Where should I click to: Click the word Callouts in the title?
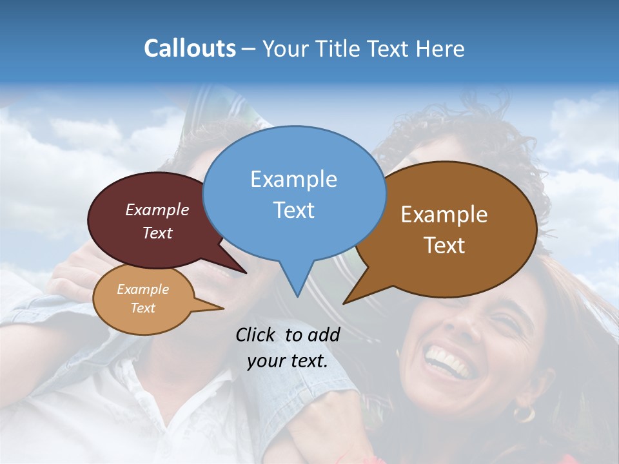[190, 48]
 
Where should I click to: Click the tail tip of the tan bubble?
[223, 309]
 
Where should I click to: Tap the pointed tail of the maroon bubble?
[246, 273]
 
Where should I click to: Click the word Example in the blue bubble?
[293, 179]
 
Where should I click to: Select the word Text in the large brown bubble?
[444, 246]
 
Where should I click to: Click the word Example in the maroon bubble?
[157, 209]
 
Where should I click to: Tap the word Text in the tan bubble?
[143, 308]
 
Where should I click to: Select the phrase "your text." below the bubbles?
[288, 362]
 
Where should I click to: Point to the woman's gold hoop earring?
[523, 412]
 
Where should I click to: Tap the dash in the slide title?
[250, 49]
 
